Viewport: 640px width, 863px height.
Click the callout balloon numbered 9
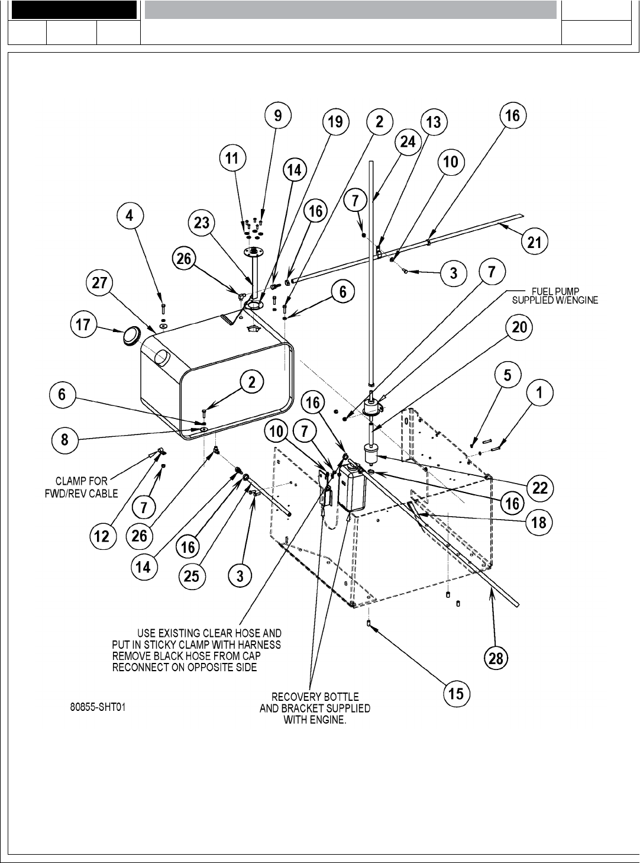(x=278, y=115)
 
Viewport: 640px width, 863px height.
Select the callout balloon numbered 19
(x=335, y=122)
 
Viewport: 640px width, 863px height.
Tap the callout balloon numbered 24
(x=408, y=142)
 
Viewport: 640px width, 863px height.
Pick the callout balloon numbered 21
(x=534, y=241)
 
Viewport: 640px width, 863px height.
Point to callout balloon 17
(x=84, y=325)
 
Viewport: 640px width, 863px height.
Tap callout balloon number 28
(x=496, y=658)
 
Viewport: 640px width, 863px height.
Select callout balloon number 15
(x=456, y=693)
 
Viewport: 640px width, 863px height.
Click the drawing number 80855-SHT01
(x=98, y=707)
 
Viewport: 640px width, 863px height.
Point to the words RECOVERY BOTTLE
(x=315, y=697)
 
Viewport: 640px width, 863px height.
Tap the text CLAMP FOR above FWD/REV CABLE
(x=82, y=482)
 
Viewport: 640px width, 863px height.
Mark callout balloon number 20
(x=519, y=327)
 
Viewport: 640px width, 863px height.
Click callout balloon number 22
(x=539, y=488)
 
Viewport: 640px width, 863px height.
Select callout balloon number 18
(x=539, y=523)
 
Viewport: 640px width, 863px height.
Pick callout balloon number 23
(x=202, y=223)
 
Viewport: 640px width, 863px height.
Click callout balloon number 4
(x=130, y=216)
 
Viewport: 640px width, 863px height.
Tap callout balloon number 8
(x=64, y=440)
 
